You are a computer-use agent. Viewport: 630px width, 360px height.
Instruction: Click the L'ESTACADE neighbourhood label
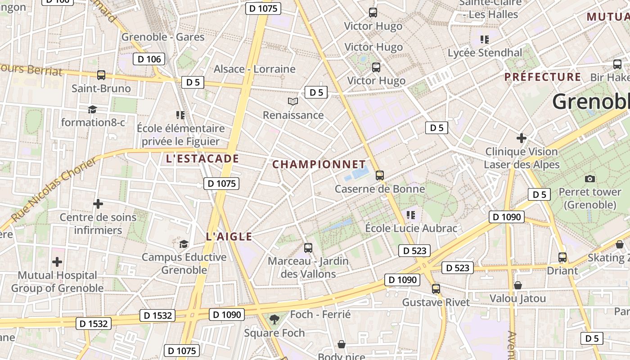(x=202, y=158)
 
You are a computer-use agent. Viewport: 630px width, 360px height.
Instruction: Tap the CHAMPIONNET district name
(x=319, y=164)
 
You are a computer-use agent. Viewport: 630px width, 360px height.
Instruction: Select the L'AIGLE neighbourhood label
(x=229, y=237)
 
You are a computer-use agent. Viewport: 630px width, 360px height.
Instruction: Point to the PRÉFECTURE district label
(x=543, y=77)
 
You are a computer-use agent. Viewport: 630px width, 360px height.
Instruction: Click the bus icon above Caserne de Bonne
(x=380, y=175)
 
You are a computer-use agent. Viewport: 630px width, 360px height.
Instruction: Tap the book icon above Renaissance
(x=293, y=102)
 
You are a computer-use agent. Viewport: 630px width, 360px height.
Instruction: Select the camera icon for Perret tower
(x=589, y=179)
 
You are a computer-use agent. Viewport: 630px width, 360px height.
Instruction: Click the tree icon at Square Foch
(x=274, y=319)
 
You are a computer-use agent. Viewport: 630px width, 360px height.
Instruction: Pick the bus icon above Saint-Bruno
(x=101, y=75)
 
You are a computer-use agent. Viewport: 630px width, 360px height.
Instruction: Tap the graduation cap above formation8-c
(x=92, y=109)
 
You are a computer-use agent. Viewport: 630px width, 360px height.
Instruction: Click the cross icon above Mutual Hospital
(x=57, y=261)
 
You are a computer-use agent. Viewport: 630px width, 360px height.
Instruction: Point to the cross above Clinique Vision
(x=522, y=138)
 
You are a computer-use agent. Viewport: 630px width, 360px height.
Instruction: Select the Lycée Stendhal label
(x=485, y=53)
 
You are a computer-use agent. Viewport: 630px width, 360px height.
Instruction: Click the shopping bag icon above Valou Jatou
(x=517, y=285)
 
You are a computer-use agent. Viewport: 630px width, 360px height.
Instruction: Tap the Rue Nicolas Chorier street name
(x=53, y=189)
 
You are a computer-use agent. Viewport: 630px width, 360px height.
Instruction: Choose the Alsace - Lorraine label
(x=254, y=69)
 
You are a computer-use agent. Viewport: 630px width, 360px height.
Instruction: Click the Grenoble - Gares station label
(x=163, y=37)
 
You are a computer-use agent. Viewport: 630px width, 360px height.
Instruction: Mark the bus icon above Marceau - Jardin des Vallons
(x=308, y=247)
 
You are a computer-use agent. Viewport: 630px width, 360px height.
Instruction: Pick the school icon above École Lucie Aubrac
(x=410, y=215)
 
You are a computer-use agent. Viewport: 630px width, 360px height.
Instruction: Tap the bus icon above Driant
(x=562, y=257)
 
